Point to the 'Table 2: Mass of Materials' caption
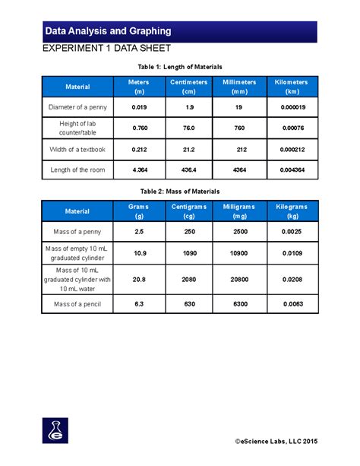tap(179, 191)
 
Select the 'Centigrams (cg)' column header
tap(189, 211)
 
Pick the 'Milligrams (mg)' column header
tap(240, 211)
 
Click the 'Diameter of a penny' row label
tap(77, 107)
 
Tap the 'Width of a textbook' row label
tap(77, 149)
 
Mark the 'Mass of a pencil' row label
tap(77, 305)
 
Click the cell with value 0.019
tap(139, 107)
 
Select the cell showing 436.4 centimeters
tap(189, 170)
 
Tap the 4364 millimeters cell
tap(240, 170)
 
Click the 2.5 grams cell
tap(139, 230)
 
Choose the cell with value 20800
tap(240, 279)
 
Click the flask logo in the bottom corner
tap(55, 430)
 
